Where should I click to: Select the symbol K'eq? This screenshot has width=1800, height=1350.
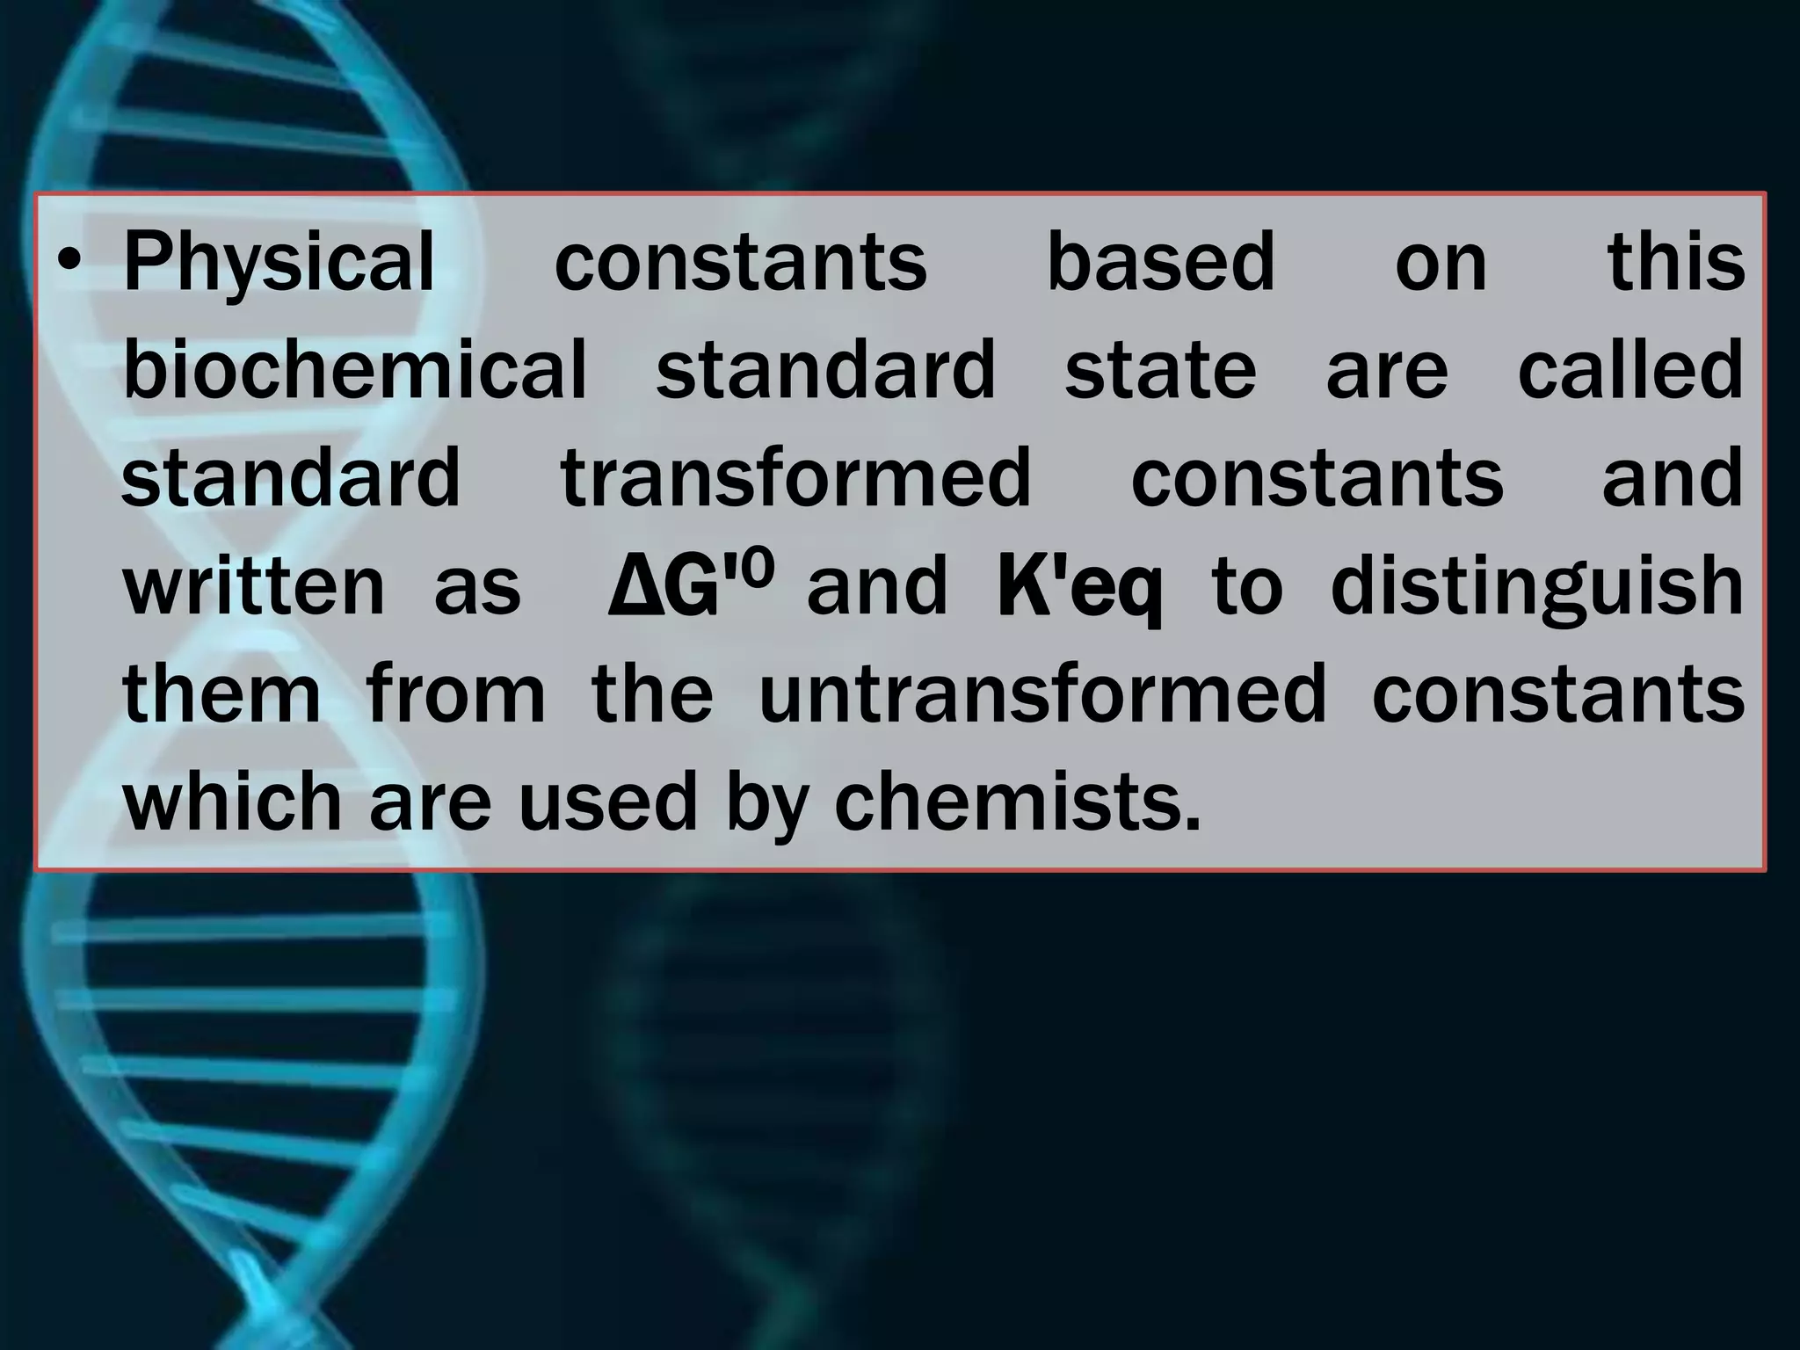click(x=1079, y=587)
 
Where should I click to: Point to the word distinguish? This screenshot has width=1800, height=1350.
click(x=1537, y=587)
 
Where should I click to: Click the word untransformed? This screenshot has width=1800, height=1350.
click(x=1042, y=694)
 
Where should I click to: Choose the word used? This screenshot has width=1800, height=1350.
click(x=607, y=802)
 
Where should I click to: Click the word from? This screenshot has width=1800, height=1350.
click(x=456, y=694)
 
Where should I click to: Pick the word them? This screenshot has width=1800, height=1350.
click(x=221, y=694)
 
